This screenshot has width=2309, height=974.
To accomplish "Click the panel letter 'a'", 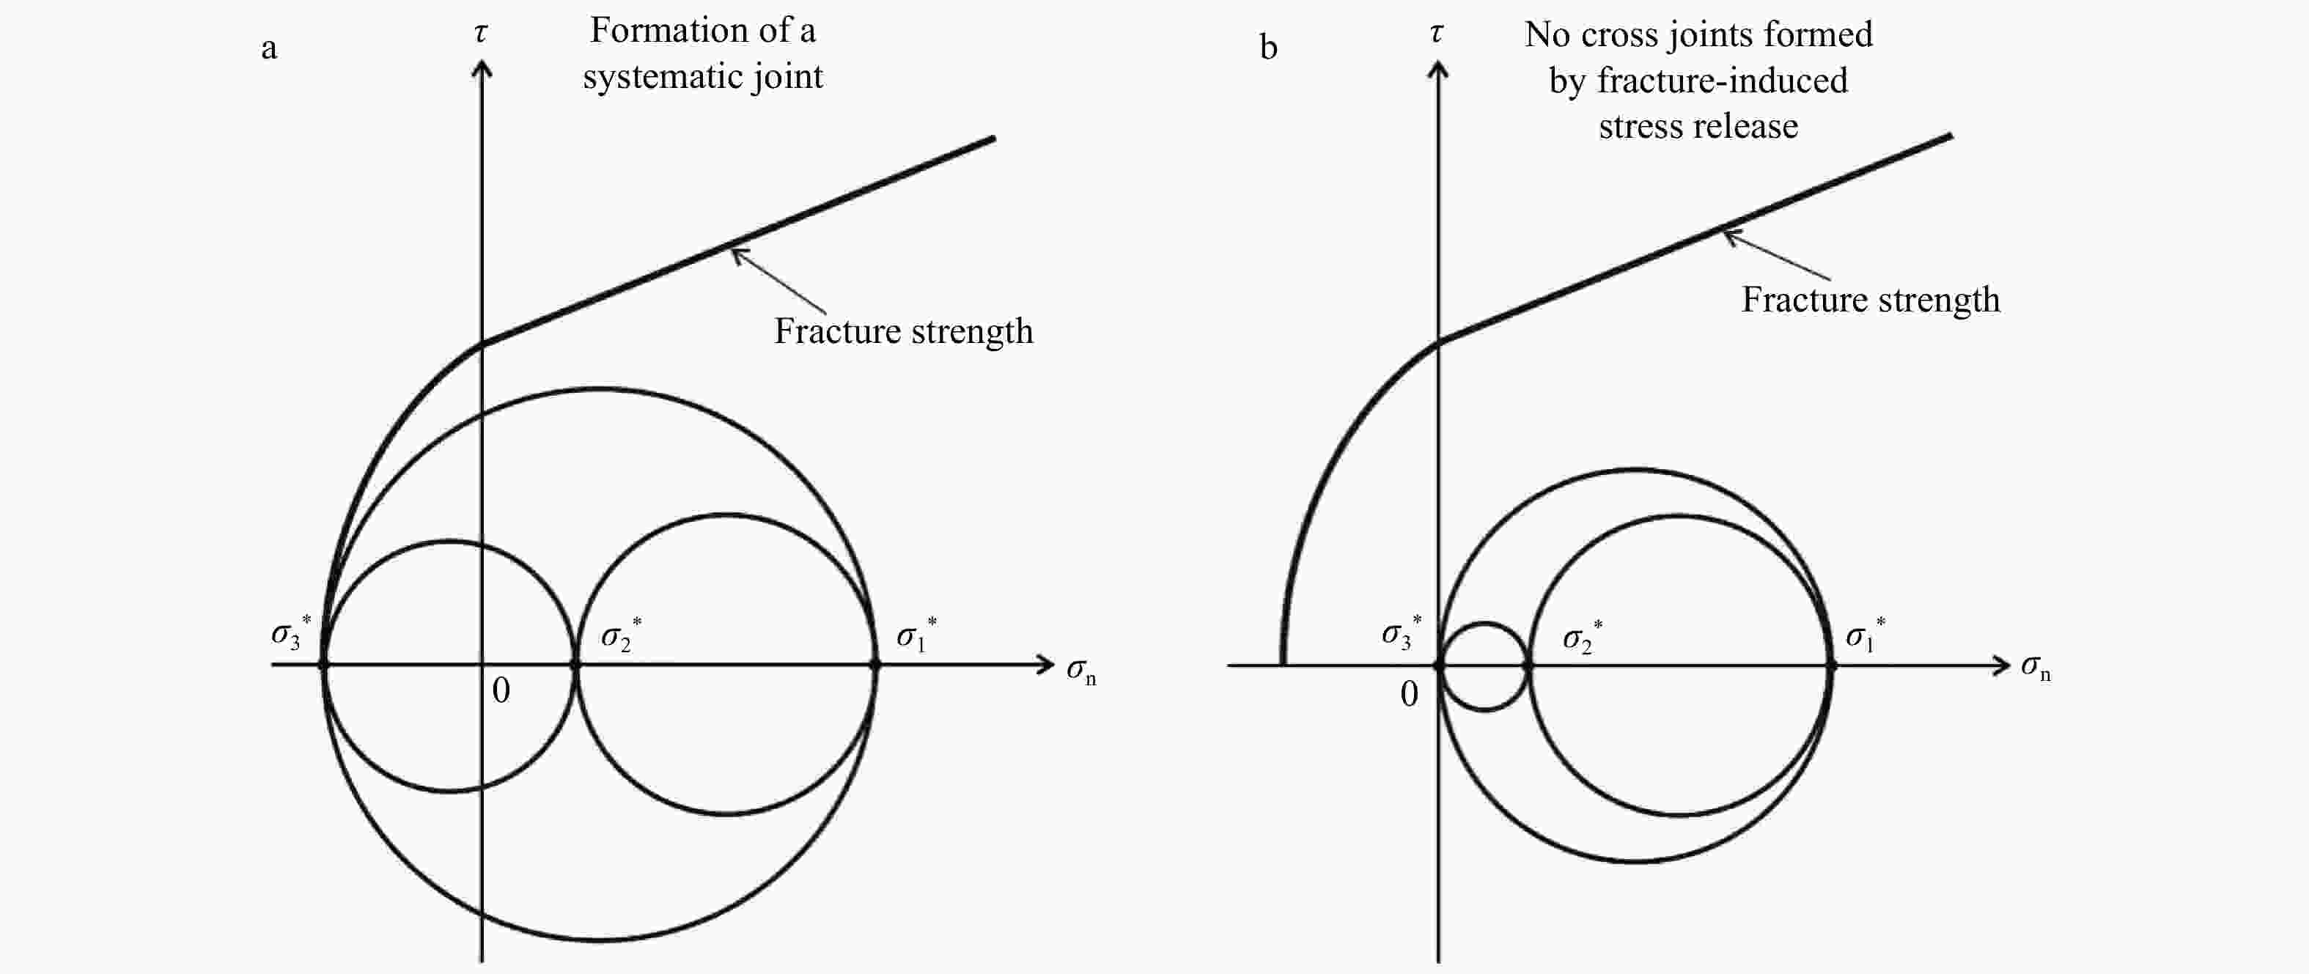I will point(269,48).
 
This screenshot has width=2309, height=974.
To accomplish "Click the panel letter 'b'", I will point(1267,47).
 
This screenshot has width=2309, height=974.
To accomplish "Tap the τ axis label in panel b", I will point(1437,33).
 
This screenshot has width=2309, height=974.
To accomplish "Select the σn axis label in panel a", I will point(1080,671).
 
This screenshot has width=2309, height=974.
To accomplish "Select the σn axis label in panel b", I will point(2035,668).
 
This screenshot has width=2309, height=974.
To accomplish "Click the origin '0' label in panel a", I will point(501,690).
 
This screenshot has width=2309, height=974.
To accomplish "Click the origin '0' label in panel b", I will point(1409,693).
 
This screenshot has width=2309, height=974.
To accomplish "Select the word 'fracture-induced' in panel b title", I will point(1722,81).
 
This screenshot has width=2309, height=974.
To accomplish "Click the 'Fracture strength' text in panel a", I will point(904,331).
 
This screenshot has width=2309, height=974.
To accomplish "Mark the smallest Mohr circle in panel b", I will point(1484,624).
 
